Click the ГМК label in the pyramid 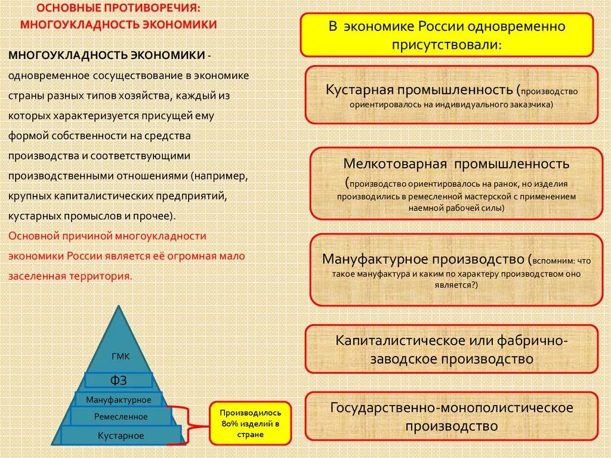121,357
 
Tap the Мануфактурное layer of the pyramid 119,399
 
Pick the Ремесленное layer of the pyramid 121,416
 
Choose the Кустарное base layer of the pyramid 121,435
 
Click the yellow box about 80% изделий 250,423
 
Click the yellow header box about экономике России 447,35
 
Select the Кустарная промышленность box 452,95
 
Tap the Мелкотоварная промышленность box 456,183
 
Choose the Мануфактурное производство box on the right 456,270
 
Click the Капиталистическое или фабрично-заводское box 452,349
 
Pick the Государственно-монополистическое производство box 452,417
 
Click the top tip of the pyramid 121,307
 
